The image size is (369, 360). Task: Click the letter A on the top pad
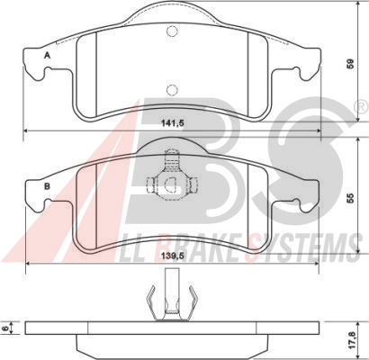point(47,55)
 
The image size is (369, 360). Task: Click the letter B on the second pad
point(47,186)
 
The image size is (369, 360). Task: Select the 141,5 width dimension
point(173,123)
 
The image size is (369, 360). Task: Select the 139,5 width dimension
point(173,256)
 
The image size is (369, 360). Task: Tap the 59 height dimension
point(350,64)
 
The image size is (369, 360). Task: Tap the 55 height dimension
point(350,198)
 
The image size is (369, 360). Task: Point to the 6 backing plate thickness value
point(5,328)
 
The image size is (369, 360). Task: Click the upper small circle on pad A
point(172,31)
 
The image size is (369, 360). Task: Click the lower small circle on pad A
point(172,90)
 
